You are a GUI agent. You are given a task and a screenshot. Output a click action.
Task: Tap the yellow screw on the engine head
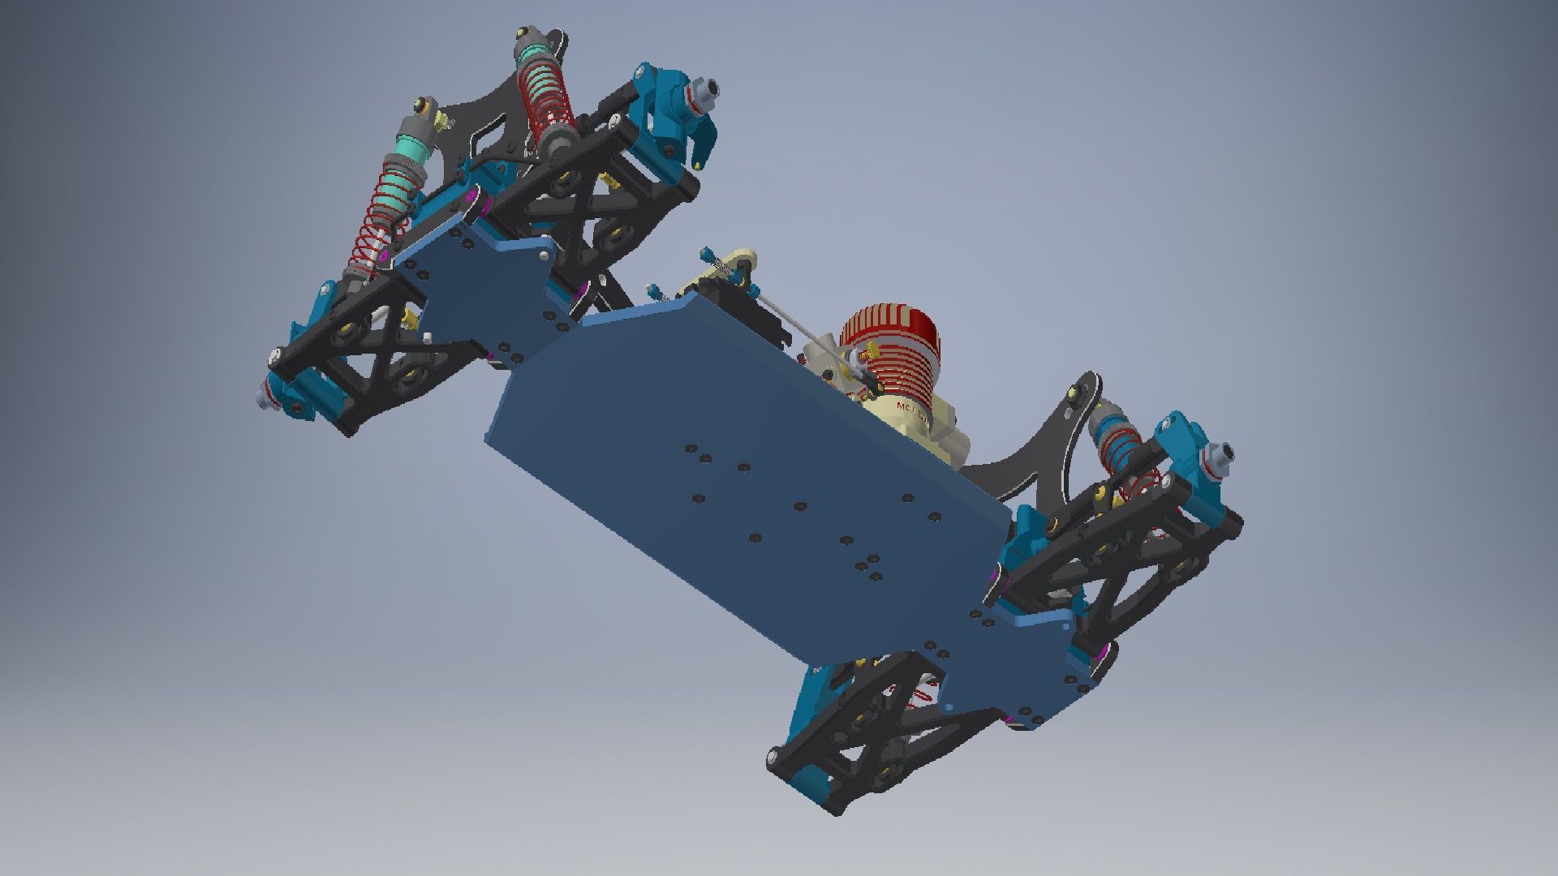point(872,352)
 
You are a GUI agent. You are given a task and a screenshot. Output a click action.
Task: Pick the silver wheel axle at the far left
point(263,396)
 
